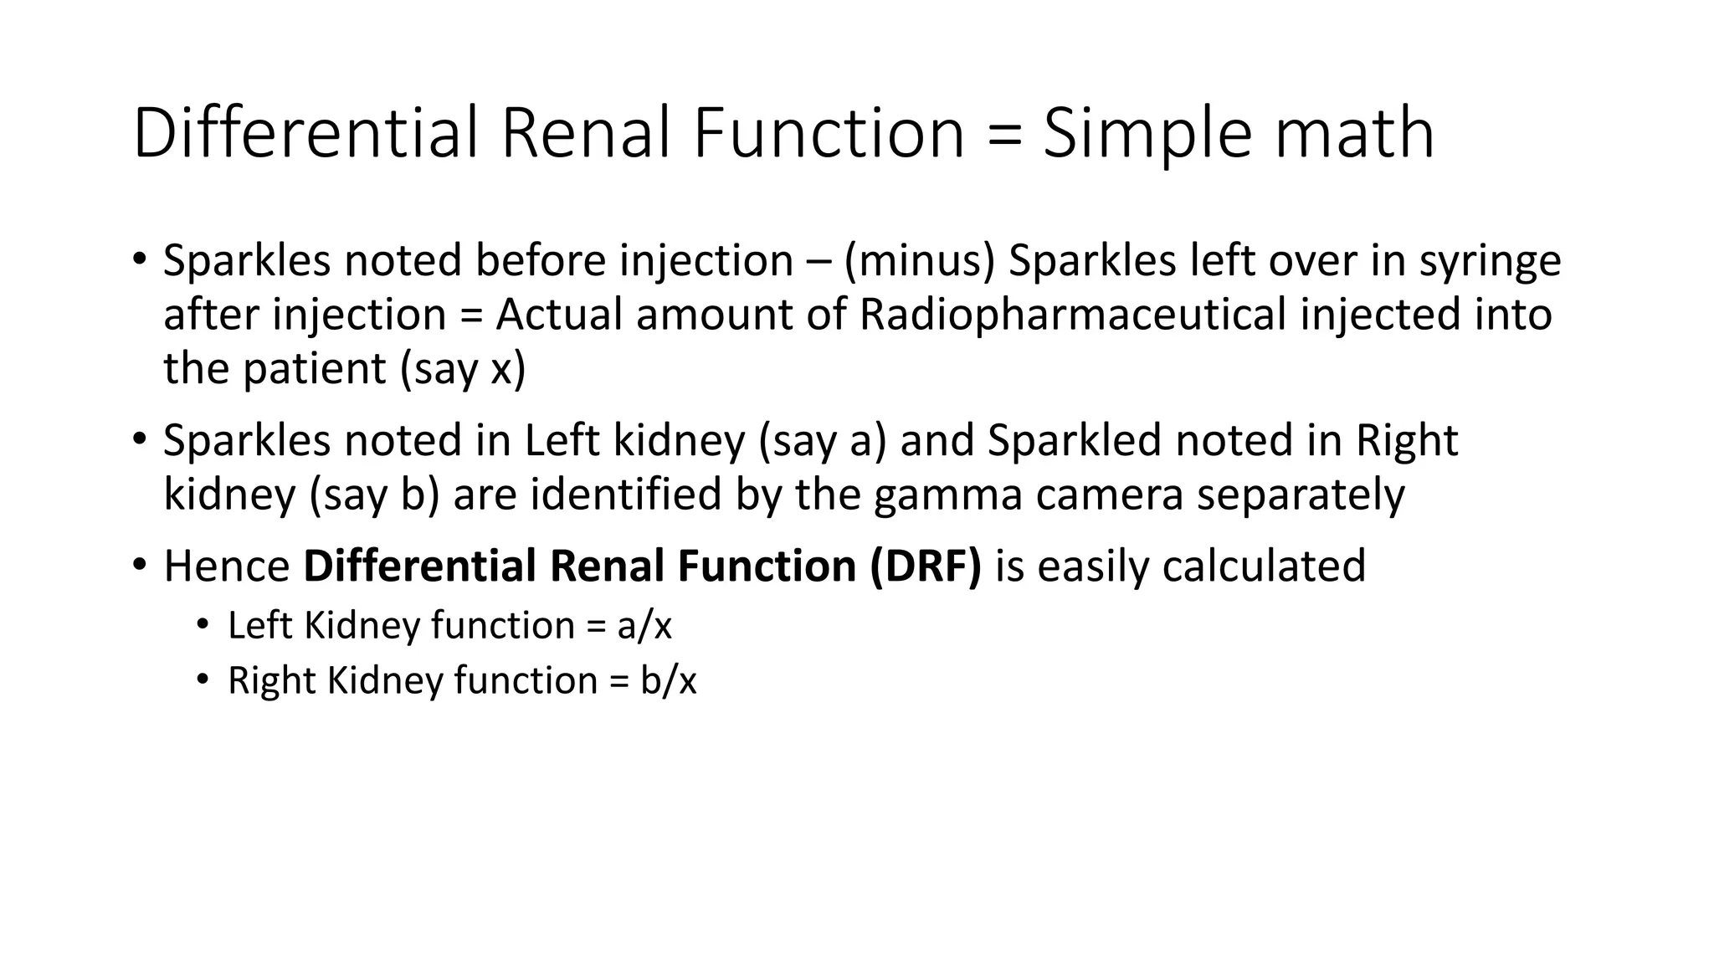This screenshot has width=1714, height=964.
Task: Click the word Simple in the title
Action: [x=1148, y=134]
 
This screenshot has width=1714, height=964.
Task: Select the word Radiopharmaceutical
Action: [x=1073, y=315]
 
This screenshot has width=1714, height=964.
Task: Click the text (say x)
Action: [x=463, y=369]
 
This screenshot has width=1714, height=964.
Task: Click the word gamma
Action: [x=947, y=495]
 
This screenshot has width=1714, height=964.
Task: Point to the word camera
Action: [x=1109, y=495]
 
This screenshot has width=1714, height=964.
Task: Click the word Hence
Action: [x=227, y=567]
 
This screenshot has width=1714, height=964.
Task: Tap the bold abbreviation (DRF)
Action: [x=925, y=567]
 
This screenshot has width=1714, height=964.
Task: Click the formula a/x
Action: [x=644, y=626]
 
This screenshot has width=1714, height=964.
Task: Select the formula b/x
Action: [x=669, y=680]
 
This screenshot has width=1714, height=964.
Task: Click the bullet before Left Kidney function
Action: [x=202, y=626]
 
